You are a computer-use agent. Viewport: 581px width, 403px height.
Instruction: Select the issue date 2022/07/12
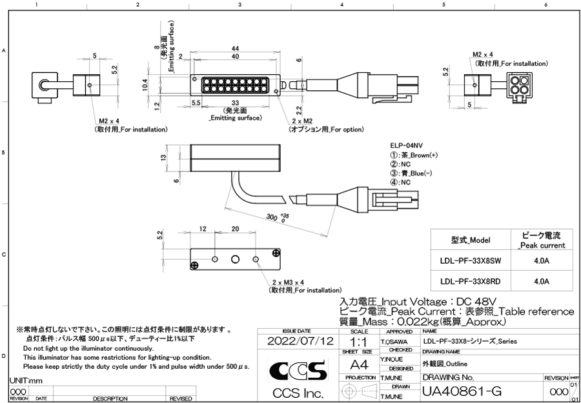[300, 340]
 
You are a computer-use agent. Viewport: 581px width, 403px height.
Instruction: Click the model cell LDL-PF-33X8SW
[470, 262]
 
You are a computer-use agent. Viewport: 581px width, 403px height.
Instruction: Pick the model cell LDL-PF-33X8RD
[470, 282]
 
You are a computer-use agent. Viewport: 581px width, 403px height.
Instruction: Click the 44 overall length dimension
[236, 49]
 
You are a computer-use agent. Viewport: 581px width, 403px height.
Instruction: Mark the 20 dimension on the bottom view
[235, 228]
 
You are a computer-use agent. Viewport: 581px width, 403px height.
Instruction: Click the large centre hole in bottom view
[235, 259]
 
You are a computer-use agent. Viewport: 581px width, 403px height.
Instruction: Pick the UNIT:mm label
[25, 380]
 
